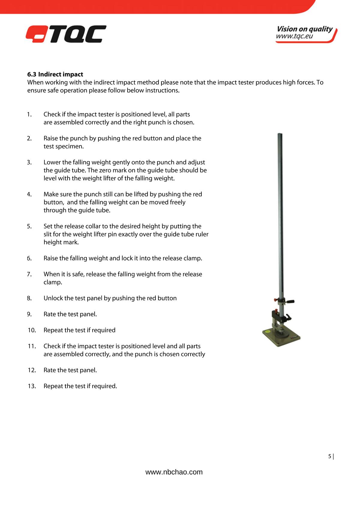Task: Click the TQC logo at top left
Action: (66, 34)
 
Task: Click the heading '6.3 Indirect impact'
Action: (55, 74)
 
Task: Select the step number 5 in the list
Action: (29, 226)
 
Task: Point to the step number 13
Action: (32, 386)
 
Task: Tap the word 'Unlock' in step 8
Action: (53, 298)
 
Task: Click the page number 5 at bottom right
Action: (330, 457)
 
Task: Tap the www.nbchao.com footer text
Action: (174, 472)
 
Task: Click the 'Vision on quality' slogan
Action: (304, 29)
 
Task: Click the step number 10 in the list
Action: (32, 330)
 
